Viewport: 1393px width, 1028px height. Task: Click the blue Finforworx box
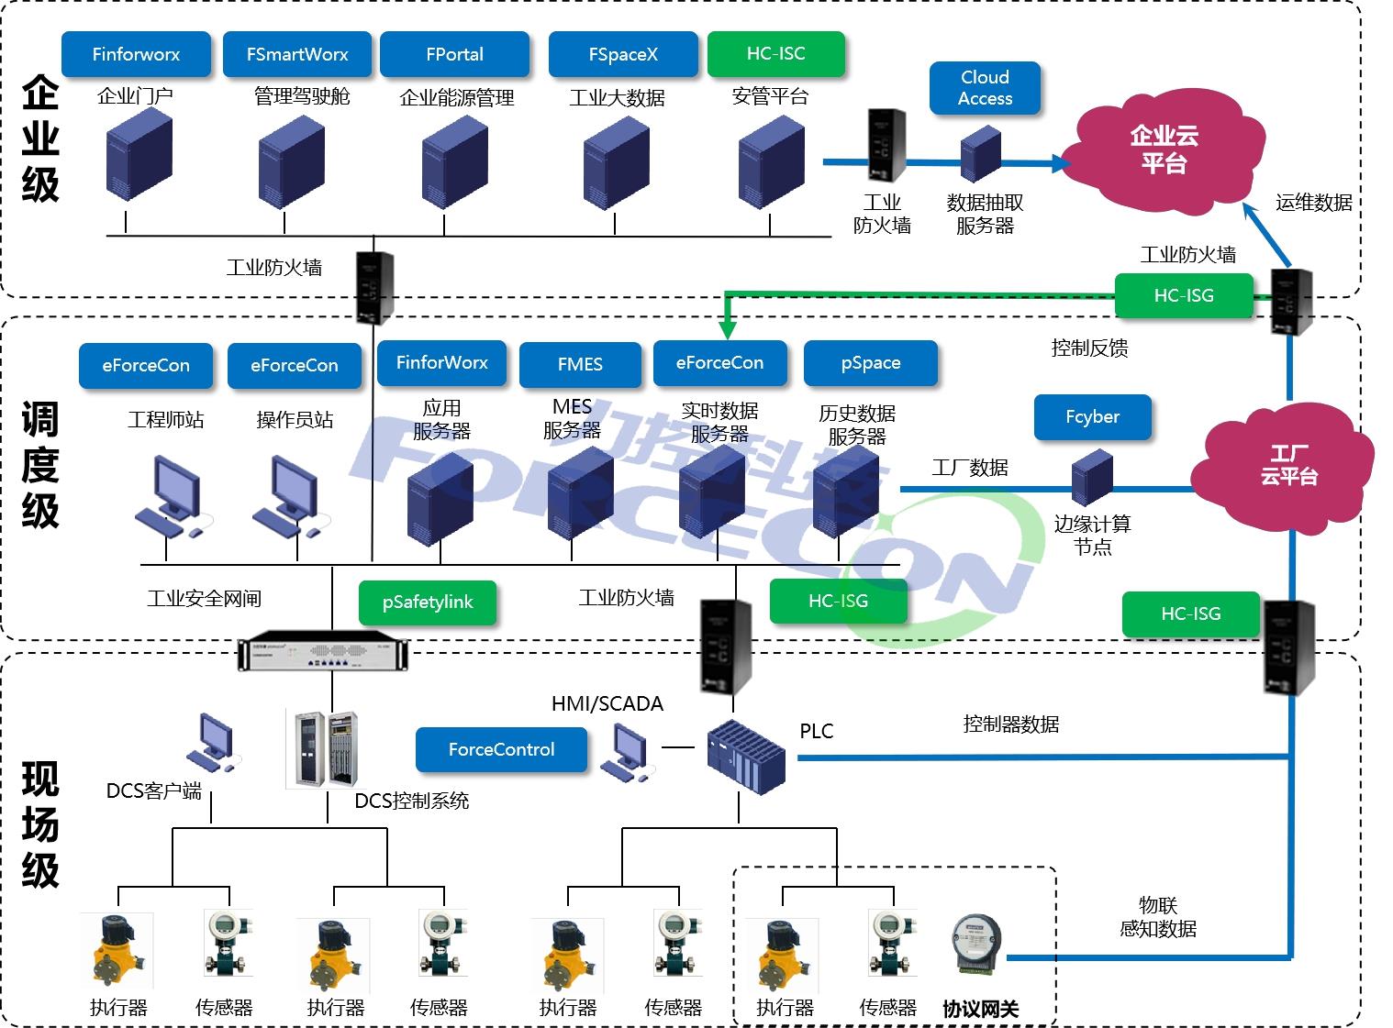(x=136, y=54)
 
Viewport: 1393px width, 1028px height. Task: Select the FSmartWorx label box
(x=297, y=54)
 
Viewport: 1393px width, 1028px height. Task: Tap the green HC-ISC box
(x=775, y=53)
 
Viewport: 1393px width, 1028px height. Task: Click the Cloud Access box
(x=985, y=88)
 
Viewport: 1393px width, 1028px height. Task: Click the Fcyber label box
(x=1092, y=417)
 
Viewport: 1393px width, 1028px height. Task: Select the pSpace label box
(x=870, y=363)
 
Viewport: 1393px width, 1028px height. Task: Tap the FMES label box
(x=580, y=365)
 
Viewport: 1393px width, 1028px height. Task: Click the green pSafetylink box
(x=428, y=602)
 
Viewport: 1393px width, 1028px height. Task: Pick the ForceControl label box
(x=501, y=750)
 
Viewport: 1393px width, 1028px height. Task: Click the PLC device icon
(x=746, y=757)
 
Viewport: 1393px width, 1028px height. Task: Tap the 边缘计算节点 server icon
(x=1092, y=477)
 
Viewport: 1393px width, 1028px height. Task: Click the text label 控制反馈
(x=1089, y=348)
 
